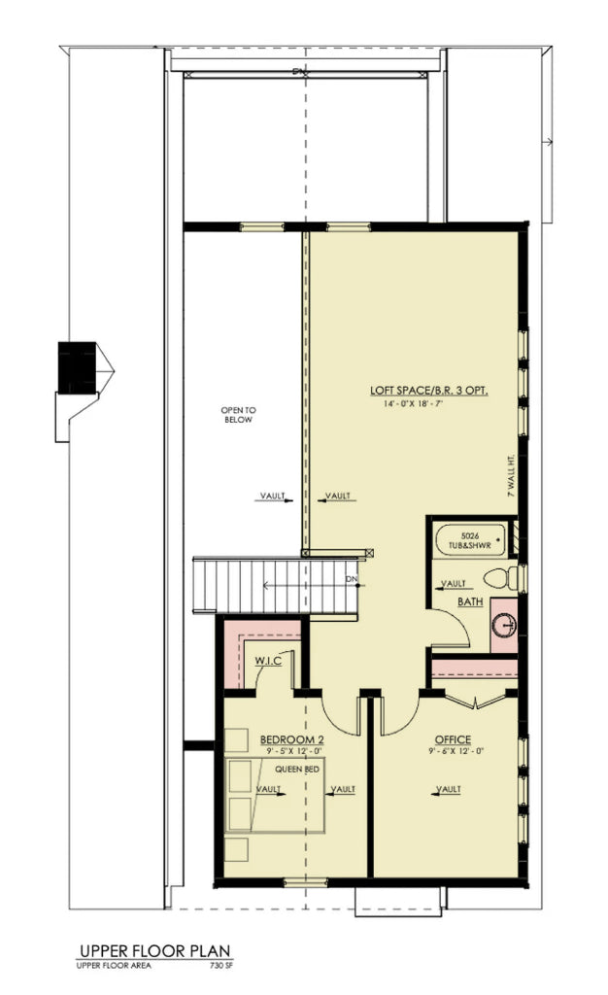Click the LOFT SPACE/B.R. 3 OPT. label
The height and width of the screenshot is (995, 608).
428,391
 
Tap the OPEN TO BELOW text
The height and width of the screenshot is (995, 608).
236,415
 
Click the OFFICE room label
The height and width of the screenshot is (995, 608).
453,739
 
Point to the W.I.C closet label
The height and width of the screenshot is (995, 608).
268,662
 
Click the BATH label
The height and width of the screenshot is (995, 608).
471,602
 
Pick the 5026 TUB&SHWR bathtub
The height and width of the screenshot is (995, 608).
470,540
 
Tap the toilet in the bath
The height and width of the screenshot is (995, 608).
504,580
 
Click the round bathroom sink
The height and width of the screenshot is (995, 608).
505,625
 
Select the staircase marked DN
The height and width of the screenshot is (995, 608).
253,583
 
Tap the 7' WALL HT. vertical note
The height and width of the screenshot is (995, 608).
510,477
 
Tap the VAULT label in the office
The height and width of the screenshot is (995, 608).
448,790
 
